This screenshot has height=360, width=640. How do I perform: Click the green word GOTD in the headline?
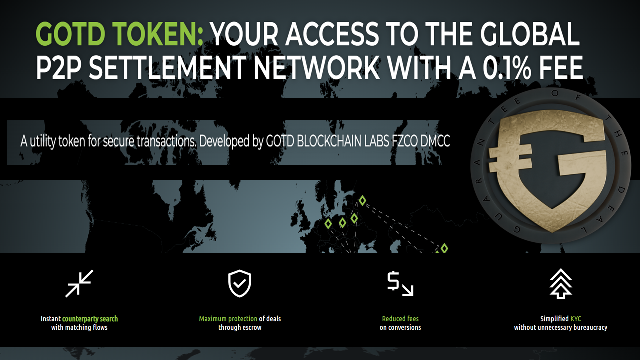(x=71, y=34)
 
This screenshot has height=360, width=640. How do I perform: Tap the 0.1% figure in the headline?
(x=507, y=67)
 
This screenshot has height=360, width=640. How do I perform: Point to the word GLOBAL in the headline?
(x=530, y=34)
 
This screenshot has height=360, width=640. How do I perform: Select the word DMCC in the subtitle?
(x=435, y=141)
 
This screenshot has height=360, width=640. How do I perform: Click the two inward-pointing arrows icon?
(x=79, y=283)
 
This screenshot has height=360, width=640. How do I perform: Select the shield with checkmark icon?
(x=239, y=283)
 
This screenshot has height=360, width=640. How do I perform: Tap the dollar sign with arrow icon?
(x=400, y=284)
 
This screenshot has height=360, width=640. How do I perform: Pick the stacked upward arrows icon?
(x=561, y=283)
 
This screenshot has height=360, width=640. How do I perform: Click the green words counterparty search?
(x=90, y=319)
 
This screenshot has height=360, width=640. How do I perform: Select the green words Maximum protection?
(x=228, y=319)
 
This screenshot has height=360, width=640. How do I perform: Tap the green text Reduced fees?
(x=400, y=319)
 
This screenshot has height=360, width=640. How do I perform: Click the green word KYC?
(x=575, y=319)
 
